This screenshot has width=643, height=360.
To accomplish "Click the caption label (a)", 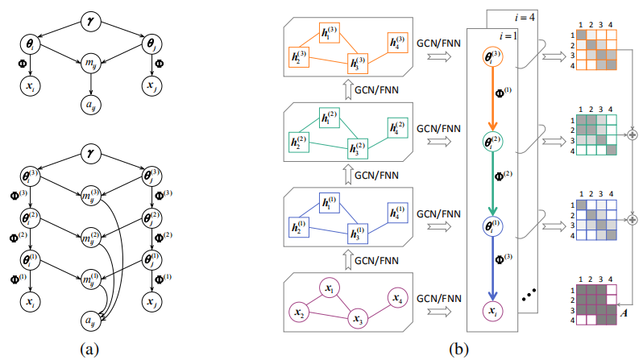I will pos(90,348).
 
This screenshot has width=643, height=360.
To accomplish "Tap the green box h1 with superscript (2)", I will pos(329,118).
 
